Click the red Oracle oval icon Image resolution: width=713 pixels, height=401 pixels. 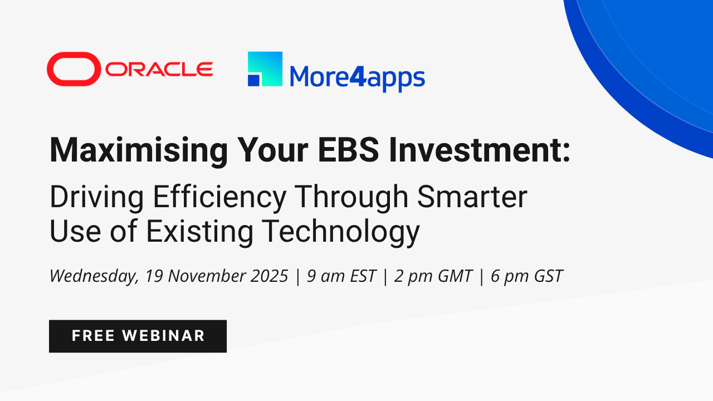coord(74,69)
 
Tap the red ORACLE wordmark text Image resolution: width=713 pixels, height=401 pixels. coord(159,69)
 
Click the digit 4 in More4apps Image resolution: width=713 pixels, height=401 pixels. coord(358,76)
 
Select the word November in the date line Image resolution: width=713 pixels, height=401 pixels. coord(204,276)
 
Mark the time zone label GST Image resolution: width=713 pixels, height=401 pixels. coord(546,276)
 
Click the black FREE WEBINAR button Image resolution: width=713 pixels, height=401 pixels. coord(138,336)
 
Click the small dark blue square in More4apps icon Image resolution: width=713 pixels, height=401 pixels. coord(253,80)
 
